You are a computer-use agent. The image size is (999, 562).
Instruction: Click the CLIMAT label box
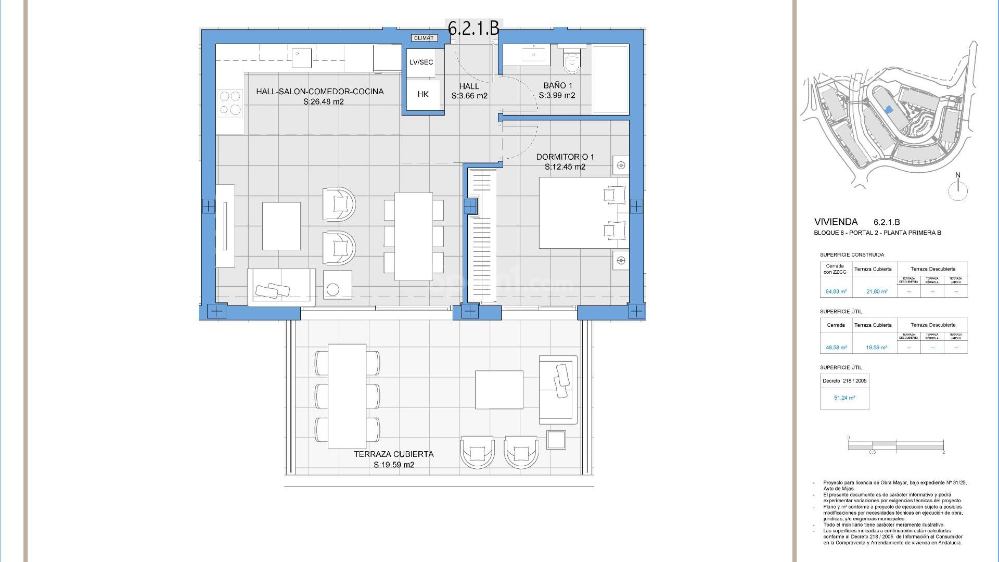424,37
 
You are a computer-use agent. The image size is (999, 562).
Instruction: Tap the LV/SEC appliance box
421,62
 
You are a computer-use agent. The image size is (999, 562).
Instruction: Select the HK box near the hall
423,94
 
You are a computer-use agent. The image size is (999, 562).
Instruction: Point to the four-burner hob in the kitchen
230,103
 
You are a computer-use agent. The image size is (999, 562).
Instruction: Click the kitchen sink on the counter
301,58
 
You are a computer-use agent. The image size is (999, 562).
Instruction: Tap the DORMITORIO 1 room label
565,157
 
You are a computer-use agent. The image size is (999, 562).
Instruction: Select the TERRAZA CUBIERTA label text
393,454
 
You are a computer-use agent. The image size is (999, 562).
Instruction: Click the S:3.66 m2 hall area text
469,96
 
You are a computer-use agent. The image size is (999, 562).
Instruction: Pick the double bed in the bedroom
583,213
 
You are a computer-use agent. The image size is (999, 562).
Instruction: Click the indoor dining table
413,236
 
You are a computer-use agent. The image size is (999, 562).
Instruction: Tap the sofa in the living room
281,287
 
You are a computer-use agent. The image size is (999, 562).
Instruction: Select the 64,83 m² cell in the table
836,291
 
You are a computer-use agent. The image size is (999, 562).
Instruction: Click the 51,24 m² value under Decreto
844,398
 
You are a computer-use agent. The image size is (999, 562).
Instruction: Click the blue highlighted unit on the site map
889,110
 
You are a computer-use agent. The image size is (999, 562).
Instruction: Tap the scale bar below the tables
895,445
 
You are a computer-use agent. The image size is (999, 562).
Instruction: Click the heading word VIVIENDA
836,222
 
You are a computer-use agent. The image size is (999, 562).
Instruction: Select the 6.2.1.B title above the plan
473,28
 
